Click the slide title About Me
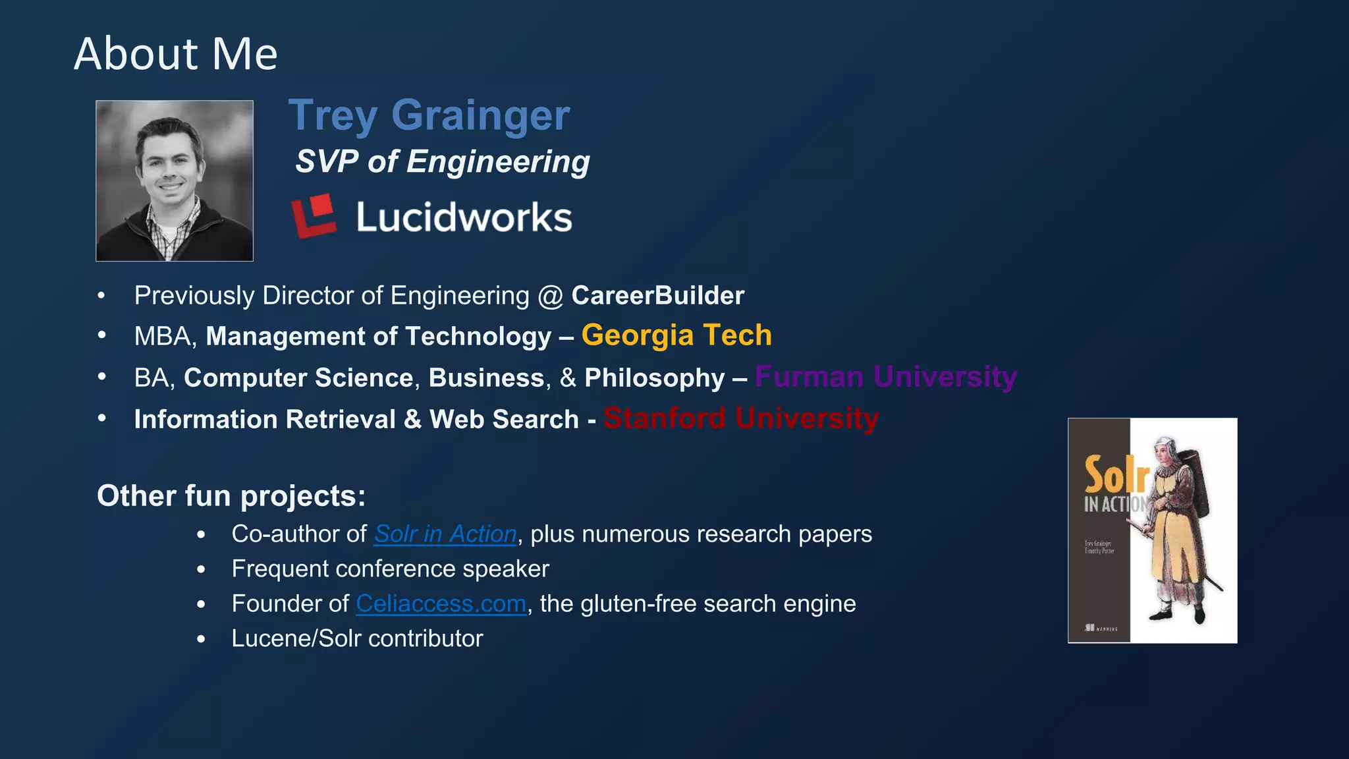point(176,54)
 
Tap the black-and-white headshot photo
point(175,181)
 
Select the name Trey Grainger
point(429,115)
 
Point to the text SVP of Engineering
point(442,161)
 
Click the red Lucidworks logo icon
point(314,215)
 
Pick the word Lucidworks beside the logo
point(464,217)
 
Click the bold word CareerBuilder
point(657,296)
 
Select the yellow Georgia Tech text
point(676,335)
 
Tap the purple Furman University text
point(885,377)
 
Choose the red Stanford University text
point(740,418)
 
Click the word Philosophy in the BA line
point(654,378)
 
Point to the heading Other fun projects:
point(231,496)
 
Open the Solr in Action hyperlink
point(445,534)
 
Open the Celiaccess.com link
point(441,604)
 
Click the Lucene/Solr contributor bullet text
point(357,638)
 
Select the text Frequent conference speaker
point(390,569)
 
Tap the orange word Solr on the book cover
point(1116,474)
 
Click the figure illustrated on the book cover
point(1179,527)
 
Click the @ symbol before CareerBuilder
point(550,296)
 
